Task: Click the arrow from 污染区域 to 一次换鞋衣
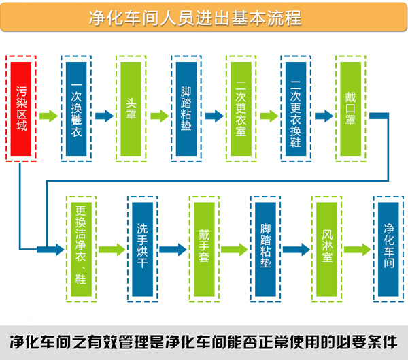tap(49, 116)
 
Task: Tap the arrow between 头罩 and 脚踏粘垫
tap(159, 116)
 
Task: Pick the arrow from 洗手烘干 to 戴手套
tap(173, 250)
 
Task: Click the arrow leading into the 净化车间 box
tap(358, 250)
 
